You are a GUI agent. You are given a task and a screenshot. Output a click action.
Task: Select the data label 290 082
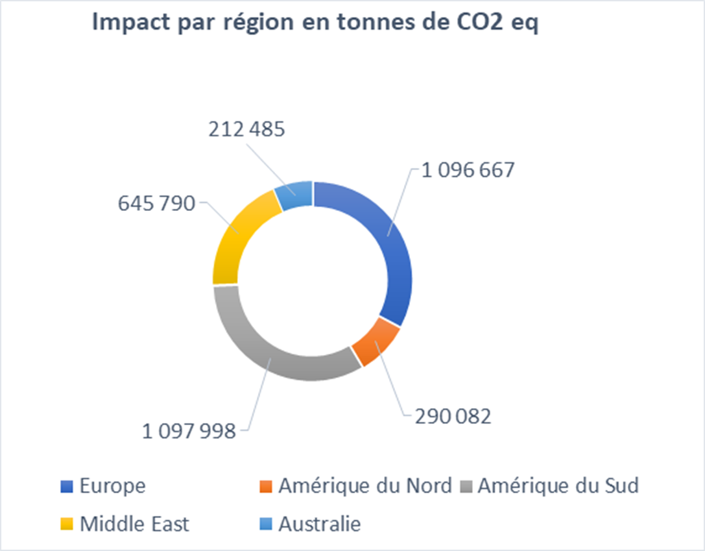coord(453,415)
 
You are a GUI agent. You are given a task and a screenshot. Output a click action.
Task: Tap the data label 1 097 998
coord(189,430)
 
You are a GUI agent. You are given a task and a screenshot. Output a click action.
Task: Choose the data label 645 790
coord(156,203)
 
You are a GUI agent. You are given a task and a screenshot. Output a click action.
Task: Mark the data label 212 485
coord(246,130)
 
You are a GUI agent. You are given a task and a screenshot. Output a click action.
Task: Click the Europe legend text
coord(113,485)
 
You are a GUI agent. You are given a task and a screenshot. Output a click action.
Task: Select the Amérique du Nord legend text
coord(364,485)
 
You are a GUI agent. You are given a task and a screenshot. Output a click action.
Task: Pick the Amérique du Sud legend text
coord(558,485)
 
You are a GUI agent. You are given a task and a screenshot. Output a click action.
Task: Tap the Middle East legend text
coord(134,524)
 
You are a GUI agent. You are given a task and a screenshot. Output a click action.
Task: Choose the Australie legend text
coord(319,524)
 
